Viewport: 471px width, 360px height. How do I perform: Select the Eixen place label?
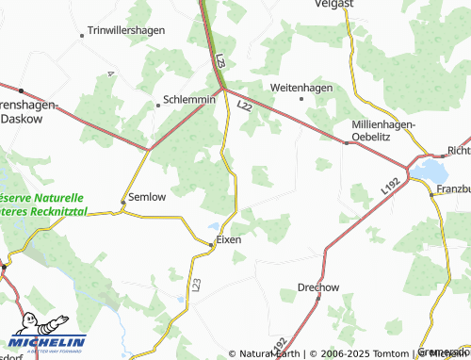pos(229,239)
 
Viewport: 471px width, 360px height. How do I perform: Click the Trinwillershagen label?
pos(126,30)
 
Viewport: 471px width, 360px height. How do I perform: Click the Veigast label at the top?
pos(333,5)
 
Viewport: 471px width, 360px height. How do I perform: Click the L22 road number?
pos(245,106)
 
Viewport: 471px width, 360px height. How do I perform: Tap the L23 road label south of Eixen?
pos(196,283)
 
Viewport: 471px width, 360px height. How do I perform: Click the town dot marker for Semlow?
pos(122,201)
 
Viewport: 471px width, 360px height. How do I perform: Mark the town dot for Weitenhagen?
pos(301,98)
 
